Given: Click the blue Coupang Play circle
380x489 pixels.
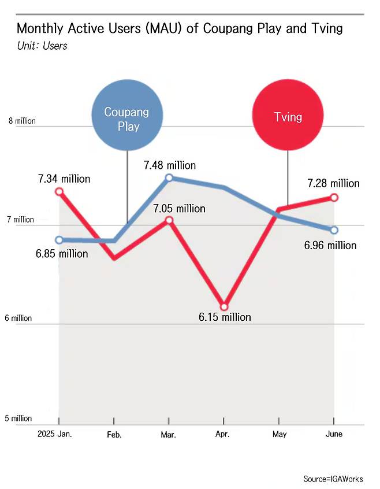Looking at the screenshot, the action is [127, 115].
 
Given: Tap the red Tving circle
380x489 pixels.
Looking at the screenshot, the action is [288, 115].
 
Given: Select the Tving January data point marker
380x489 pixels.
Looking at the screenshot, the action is [59, 191].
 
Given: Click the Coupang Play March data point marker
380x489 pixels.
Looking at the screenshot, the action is [169, 178].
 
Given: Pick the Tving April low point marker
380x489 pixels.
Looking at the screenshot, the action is [224, 306].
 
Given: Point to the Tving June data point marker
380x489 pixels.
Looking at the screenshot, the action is [334, 198].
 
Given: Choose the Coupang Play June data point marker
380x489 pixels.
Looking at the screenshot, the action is [334, 230].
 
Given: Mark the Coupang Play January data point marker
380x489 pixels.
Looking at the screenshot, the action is [59, 240].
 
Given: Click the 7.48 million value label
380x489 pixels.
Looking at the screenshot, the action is [170, 165].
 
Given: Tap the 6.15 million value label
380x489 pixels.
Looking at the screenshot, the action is [225, 317].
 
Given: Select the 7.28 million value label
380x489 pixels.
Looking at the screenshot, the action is [334, 183].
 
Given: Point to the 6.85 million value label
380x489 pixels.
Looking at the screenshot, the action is [62, 254].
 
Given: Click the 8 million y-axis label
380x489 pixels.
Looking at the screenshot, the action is [22, 121].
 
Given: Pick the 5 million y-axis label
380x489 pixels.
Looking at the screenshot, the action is [18, 418].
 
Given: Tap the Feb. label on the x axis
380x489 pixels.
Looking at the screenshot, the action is [114, 435].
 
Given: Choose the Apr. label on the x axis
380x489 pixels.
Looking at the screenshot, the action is [222, 434].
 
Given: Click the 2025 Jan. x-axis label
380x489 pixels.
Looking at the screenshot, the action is [55, 434].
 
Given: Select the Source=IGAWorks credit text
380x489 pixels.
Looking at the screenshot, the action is [333, 479].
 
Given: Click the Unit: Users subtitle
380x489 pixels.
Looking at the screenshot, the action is [42, 46].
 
